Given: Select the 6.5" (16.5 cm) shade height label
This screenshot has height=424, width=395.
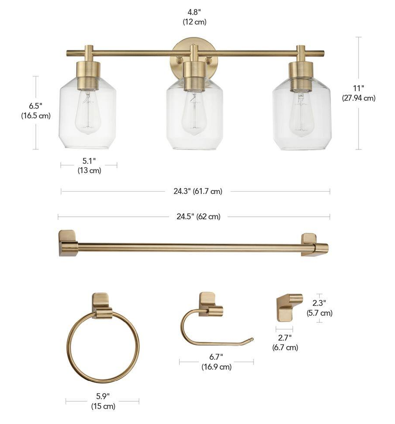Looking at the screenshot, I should pos(36,111).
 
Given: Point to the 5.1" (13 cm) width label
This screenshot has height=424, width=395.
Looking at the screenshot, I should pos(89,166).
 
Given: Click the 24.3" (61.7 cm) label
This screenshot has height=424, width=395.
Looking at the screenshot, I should pos(195,191).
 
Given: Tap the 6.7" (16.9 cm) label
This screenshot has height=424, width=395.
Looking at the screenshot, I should pos(216,362).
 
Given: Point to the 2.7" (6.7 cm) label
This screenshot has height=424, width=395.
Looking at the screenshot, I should pos(285,342).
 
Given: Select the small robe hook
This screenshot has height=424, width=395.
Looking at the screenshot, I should pos(289,306).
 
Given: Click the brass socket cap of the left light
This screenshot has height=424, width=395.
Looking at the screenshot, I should pos(89,71).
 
